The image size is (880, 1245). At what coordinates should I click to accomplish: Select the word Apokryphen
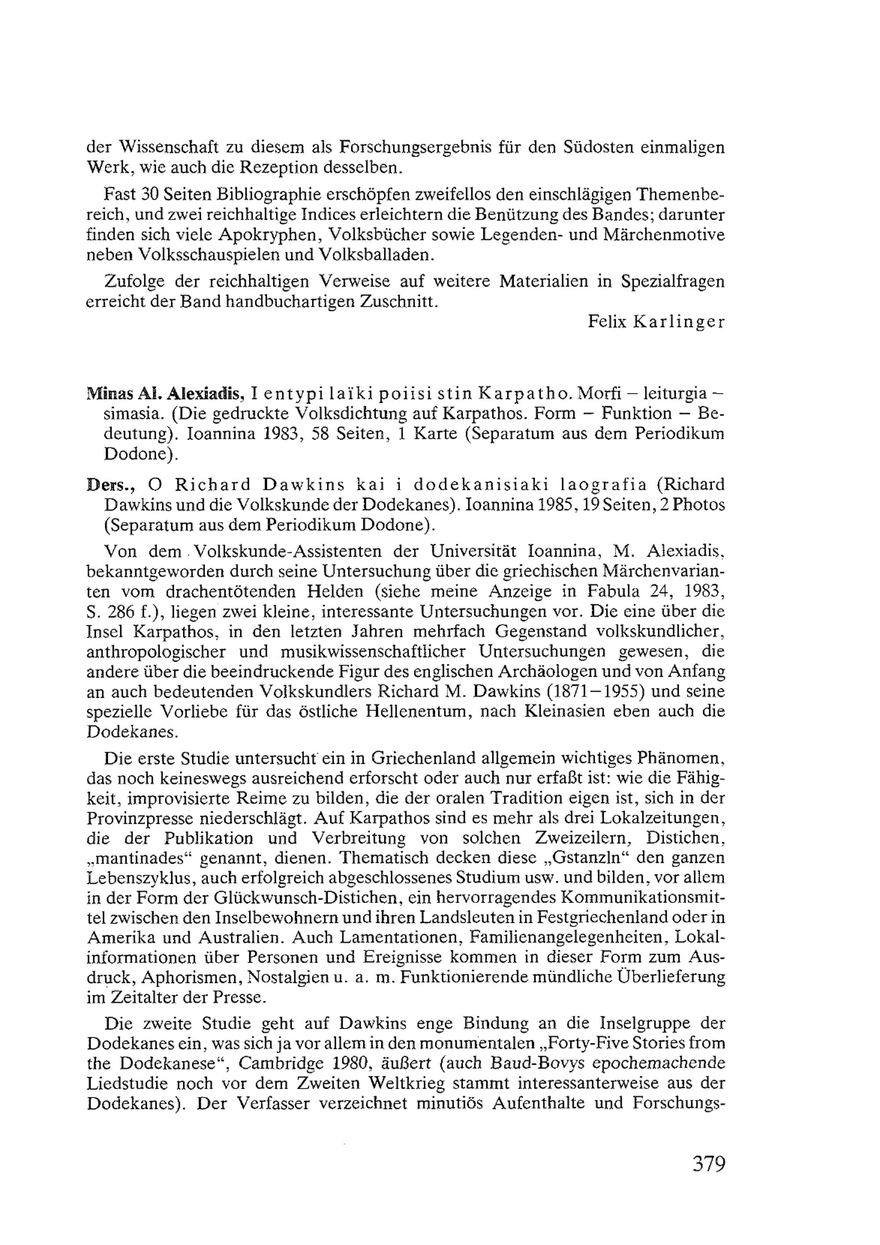(x=264, y=234)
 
